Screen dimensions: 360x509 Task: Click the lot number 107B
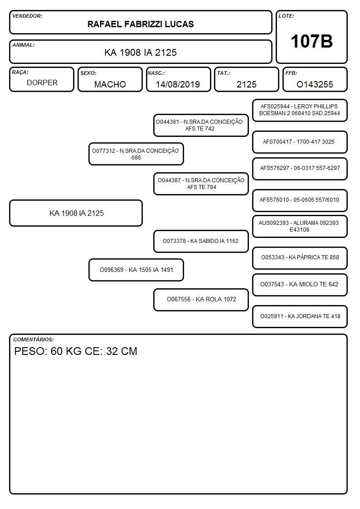point(311,41)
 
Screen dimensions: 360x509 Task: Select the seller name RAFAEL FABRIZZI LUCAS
point(141,24)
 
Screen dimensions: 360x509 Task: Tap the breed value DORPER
point(42,83)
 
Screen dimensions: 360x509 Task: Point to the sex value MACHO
point(110,84)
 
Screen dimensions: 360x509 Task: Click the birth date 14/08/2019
point(178,84)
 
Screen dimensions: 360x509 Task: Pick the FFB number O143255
point(315,84)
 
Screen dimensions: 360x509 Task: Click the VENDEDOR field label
point(27,16)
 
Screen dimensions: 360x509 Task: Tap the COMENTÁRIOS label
point(34,339)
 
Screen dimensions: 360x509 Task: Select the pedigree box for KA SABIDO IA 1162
point(201,241)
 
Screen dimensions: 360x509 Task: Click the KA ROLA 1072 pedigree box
point(201,300)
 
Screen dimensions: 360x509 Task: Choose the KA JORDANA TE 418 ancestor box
point(300,316)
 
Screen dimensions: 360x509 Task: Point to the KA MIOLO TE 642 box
point(300,285)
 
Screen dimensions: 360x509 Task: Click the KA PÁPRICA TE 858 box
point(300,258)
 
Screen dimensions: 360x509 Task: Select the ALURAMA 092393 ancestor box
point(300,226)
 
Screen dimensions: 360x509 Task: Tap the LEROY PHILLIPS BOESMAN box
point(300,110)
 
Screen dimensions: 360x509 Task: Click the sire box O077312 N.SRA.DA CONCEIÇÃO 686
point(136,154)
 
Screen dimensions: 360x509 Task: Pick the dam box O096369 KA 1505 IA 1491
point(136,270)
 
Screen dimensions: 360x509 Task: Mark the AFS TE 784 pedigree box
point(201,184)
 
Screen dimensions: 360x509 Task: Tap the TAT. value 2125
point(246,84)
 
